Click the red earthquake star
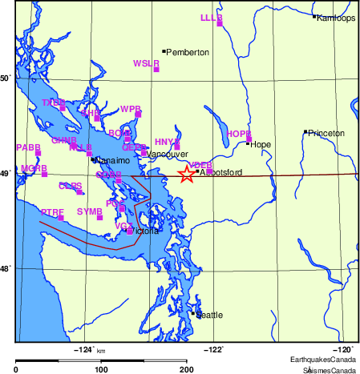(x=186, y=174)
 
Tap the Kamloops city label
(x=338, y=18)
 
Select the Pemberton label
(x=188, y=52)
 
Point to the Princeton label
(x=326, y=132)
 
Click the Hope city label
(x=261, y=144)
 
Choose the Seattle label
(x=212, y=315)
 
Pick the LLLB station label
(x=211, y=17)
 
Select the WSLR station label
(x=146, y=62)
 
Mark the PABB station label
(x=28, y=147)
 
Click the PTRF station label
(x=51, y=211)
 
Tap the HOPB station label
(x=238, y=134)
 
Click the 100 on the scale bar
(x=101, y=369)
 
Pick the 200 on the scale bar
(x=186, y=369)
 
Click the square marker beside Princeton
(x=305, y=132)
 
